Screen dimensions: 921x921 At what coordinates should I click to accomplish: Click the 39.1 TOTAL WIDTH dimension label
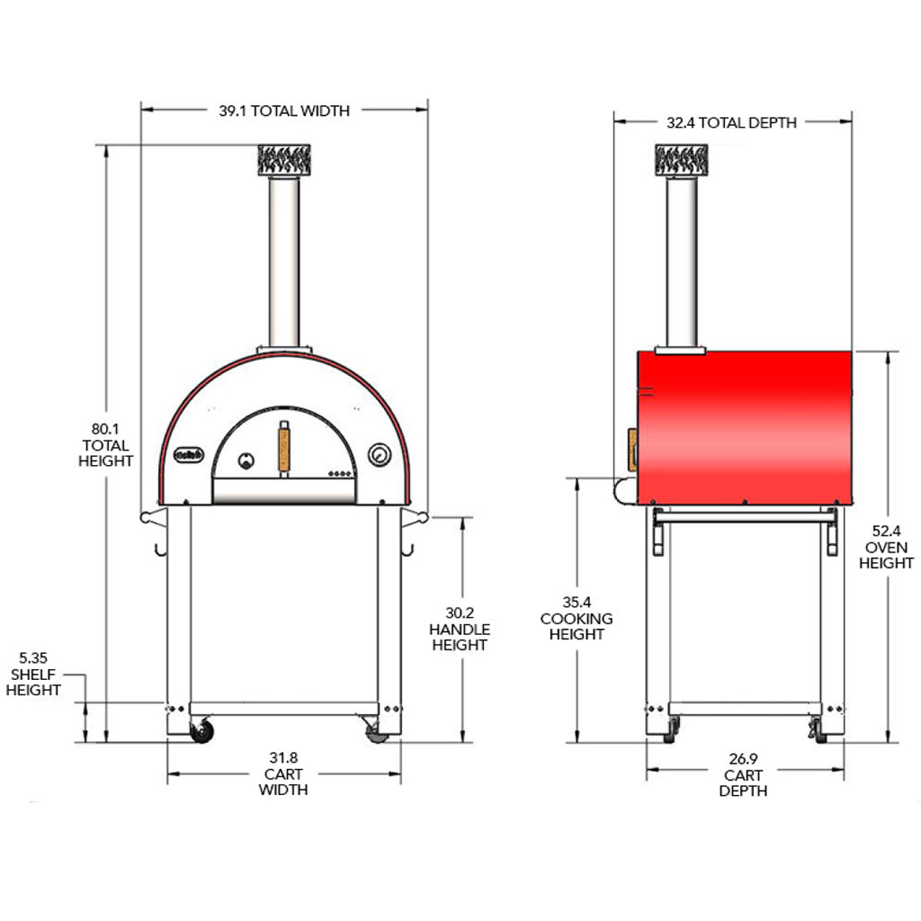(x=284, y=111)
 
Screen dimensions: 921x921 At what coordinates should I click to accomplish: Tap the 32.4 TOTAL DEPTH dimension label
(x=731, y=122)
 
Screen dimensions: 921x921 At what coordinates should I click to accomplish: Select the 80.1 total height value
(x=105, y=429)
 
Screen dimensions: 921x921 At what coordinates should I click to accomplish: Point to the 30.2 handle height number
(x=460, y=613)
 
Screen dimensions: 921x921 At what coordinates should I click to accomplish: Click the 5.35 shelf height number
(x=33, y=657)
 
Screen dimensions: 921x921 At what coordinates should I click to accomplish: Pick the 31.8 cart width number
(x=283, y=758)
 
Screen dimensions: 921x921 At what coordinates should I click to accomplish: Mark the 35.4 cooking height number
(x=577, y=603)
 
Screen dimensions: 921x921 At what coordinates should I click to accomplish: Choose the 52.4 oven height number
(x=886, y=532)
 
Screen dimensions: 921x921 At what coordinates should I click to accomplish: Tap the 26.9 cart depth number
(x=743, y=759)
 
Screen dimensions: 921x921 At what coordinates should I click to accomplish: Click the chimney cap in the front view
(x=284, y=160)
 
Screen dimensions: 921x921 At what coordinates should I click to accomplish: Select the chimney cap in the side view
(x=682, y=160)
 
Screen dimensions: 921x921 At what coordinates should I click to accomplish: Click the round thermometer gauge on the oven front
(x=380, y=454)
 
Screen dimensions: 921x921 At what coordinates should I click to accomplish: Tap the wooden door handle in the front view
(x=283, y=449)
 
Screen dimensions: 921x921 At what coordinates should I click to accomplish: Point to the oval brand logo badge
(x=189, y=454)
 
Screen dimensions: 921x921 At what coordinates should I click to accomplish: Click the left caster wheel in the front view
(x=202, y=731)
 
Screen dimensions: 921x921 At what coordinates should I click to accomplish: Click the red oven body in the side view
(x=745, y=428)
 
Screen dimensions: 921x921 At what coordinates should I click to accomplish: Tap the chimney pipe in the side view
(x=682, y=262)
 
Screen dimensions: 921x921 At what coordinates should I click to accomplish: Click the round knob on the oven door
(x=246, y=460)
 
